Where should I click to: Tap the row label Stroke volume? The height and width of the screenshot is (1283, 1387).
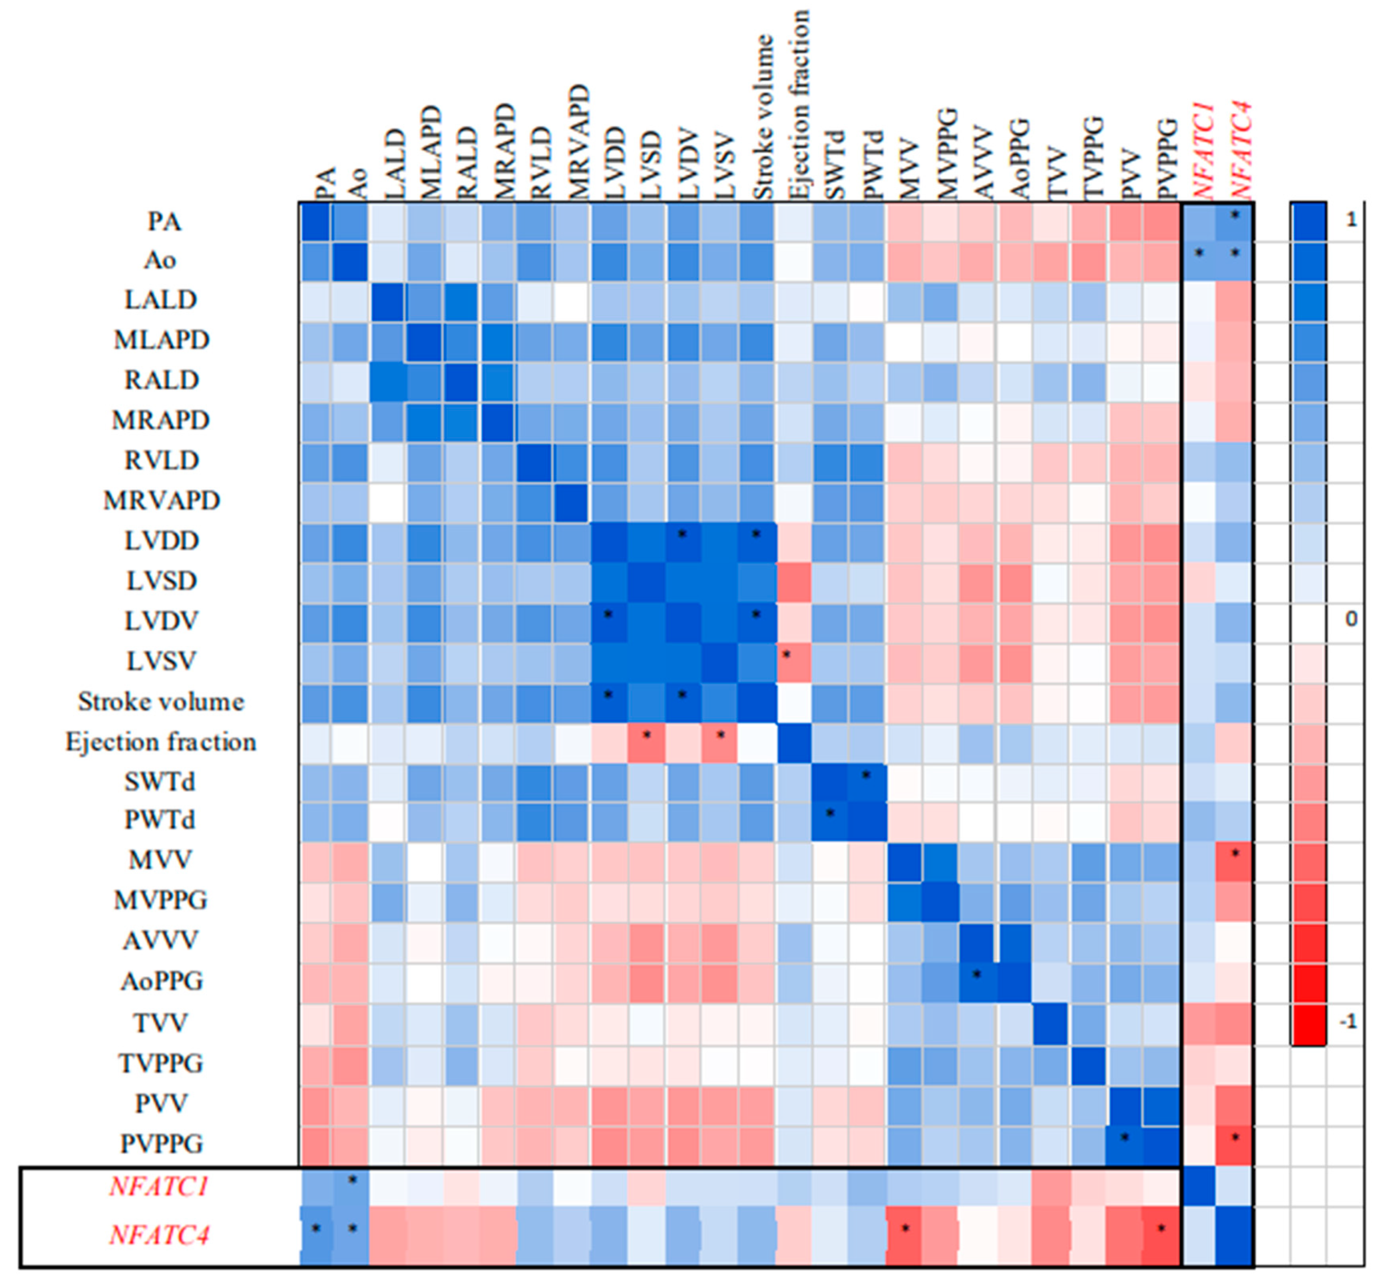(x=161, y=702)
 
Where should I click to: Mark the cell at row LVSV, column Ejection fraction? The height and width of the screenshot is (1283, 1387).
(x=793, y=662)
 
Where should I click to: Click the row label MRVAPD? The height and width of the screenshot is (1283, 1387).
(x=162, y=500)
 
